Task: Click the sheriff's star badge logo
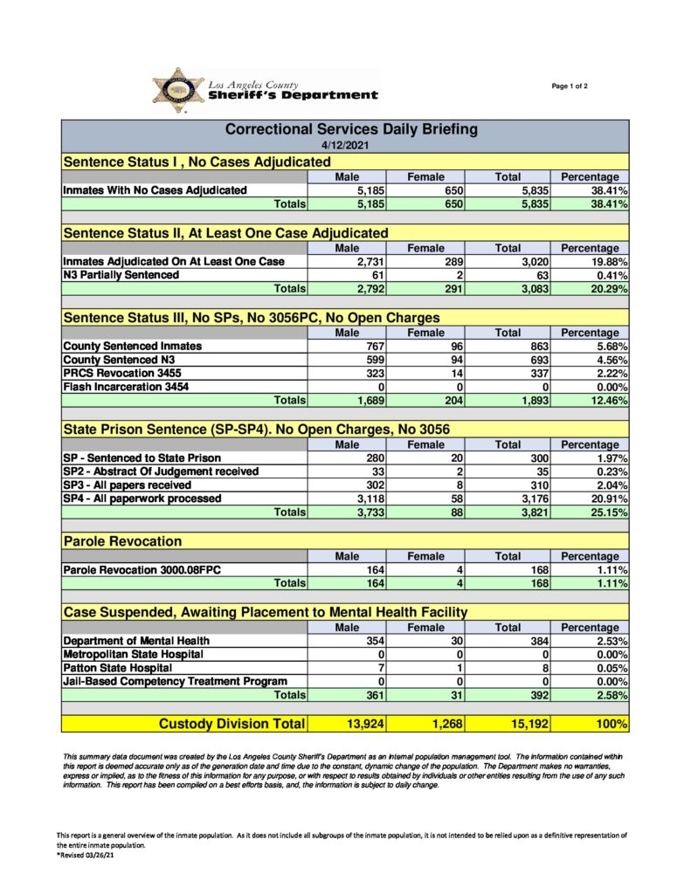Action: (178, 90)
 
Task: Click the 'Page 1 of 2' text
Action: (570, 86)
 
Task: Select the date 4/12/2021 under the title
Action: (345, 146)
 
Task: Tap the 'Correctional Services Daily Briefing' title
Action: (351, 129)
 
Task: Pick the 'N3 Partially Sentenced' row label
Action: (121, 275)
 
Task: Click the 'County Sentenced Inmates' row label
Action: (132, 346)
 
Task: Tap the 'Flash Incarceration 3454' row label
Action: (126, 387)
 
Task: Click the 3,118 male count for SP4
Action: (364, 499)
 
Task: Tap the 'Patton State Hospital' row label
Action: (117, 668)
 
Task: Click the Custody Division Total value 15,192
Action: (525, 724)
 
